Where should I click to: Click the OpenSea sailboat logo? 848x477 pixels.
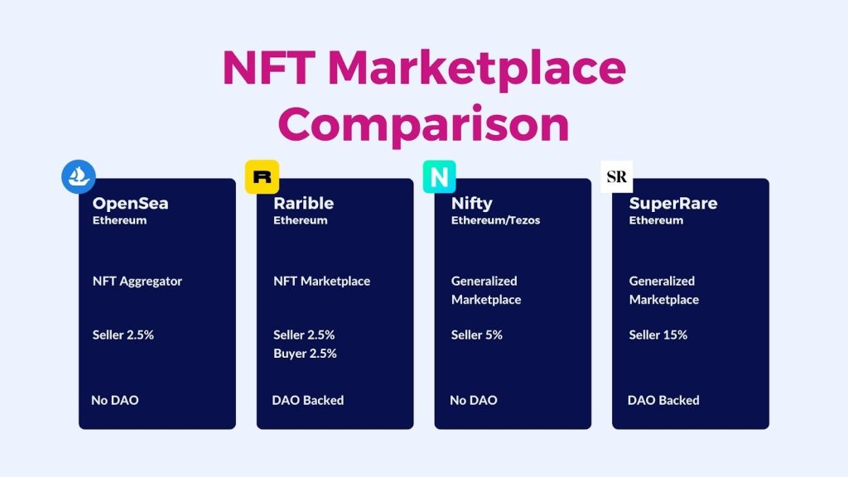[79, 176]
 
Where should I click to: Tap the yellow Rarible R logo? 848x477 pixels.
[263, 177]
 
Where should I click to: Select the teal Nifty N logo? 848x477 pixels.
[439, 177]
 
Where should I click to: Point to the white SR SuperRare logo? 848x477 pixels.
[616, 177]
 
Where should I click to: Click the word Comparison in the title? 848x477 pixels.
[423, 124]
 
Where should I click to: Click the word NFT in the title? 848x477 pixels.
[269, 68]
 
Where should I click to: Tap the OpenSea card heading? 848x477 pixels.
[130, 204]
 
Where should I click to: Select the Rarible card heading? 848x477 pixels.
[303, 204]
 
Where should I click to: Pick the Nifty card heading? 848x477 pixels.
[471, 204]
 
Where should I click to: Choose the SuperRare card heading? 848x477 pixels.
[673, 204]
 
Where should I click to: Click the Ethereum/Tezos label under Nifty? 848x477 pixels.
[495, 220]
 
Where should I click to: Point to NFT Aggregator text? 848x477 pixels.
[137, 282]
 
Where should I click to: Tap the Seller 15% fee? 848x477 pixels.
[658, 335]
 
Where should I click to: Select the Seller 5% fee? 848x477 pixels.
[477, 335]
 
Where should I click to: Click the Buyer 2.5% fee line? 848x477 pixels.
[305, 353]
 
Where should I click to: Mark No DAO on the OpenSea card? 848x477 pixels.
[114, 400]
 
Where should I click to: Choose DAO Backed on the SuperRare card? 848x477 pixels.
[663, 400]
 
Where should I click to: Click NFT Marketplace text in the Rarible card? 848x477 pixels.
[322, 282]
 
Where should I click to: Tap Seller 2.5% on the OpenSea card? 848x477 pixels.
[123, 335]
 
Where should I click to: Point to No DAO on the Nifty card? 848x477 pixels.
[474, 400]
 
